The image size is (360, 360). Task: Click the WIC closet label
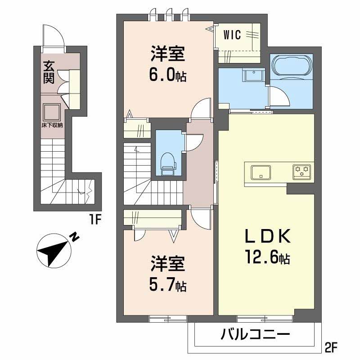(x=232, y=34)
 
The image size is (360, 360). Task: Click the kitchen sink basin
(x=261, y=172)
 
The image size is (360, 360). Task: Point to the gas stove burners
(x=302, y=171)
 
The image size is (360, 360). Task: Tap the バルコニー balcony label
(x=255, y=336)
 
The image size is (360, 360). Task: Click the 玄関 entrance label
(x=49, y=72)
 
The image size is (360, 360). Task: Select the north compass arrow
(x=54, y=251)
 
